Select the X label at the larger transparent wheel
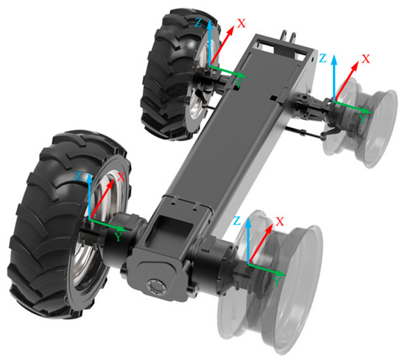[279, 221]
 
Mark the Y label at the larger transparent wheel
[275, 281]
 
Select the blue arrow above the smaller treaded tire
[210, 44]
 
